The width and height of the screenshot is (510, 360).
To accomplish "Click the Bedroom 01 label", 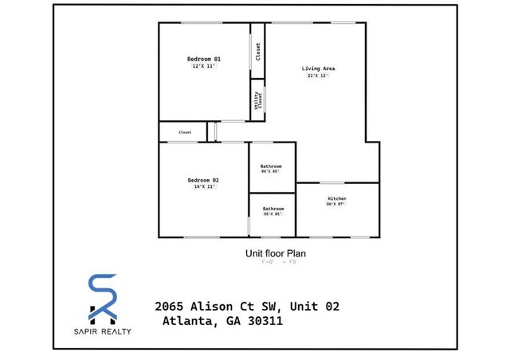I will (x=204, y=60).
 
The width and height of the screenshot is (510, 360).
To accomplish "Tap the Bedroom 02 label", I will (x=203, y=180).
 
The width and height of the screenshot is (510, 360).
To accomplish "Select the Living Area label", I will (x=318, y=68).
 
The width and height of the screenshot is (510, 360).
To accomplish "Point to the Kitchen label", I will (x=337, y=198).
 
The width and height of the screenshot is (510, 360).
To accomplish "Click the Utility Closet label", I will (x=258, y=100).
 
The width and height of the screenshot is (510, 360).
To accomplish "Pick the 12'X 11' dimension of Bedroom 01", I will (x=204, y=67).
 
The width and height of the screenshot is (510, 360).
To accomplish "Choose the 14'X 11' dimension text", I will (x=203, y=187).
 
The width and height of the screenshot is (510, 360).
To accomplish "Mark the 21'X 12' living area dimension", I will (x=318, y=76).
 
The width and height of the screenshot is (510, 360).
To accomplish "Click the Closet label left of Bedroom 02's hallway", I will (x=185, y=132).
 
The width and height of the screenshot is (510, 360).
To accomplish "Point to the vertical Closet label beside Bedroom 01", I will (x=258, y=51).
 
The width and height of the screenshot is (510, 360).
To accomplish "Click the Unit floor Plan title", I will (x=275, y=254).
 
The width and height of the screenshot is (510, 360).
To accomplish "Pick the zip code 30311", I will (x=260, y=321).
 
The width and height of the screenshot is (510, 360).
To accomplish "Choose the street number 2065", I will (x=170, y=307).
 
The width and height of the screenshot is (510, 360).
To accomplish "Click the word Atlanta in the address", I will (x=188, y=321).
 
